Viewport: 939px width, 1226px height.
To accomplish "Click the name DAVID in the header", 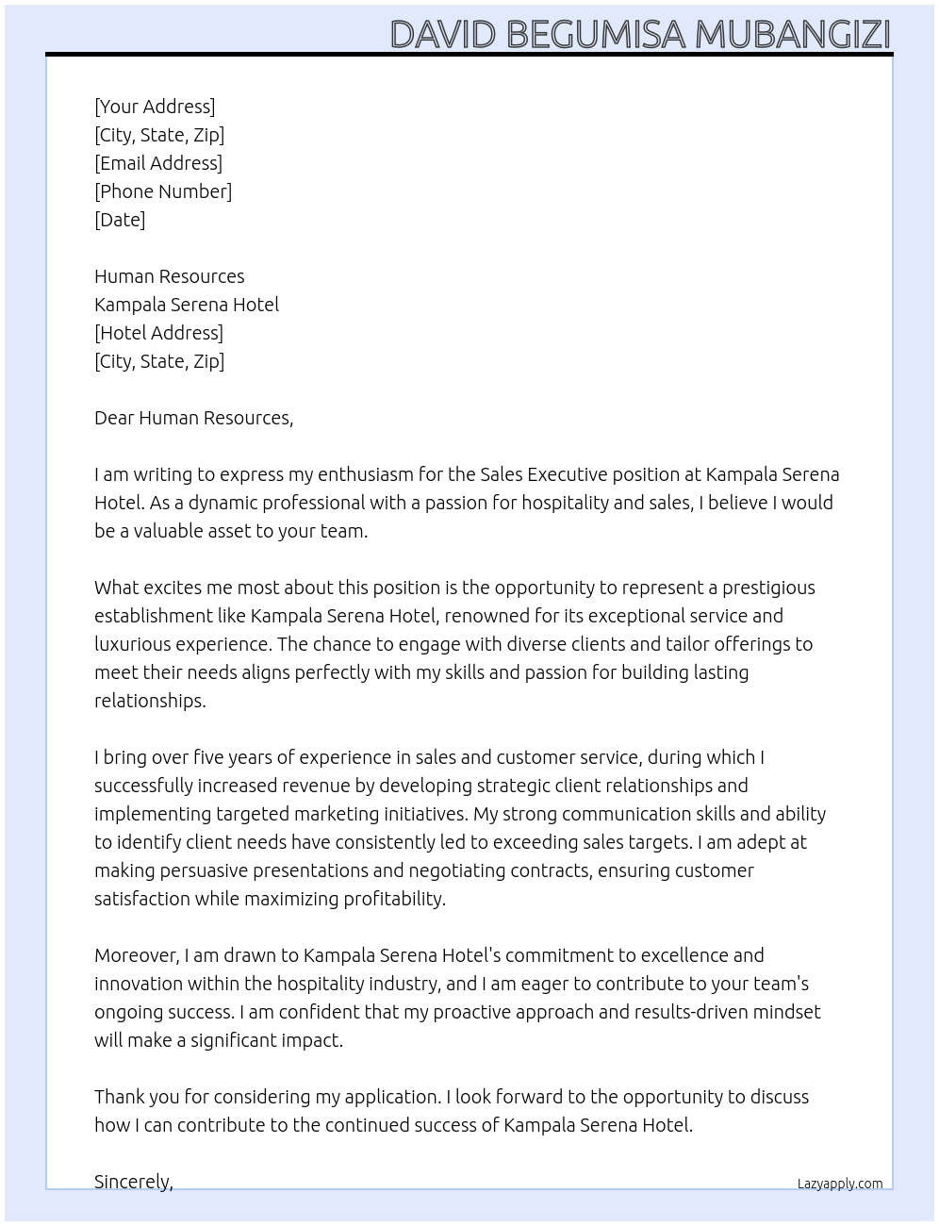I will pos(442,35).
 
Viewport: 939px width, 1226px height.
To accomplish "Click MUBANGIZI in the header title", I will pos(793,35).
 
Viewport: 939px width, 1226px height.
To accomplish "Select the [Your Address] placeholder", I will pos(155,107).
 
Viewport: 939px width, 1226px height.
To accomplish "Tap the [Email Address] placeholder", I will pos(158,163).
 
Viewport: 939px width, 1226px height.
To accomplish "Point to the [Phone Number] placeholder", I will pos(163,191).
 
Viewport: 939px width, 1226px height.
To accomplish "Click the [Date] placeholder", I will pos(120,220).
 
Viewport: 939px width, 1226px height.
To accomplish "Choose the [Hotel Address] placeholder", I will pos(158,333).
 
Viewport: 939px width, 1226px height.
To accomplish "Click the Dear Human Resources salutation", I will pos(193,418).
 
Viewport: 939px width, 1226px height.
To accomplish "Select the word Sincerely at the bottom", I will pos(133,1181).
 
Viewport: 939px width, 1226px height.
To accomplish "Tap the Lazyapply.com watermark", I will pos(840,1184).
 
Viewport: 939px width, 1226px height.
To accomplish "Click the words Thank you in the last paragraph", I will pos(133,1097).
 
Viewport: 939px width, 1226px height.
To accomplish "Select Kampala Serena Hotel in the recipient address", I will pos(187,305).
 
